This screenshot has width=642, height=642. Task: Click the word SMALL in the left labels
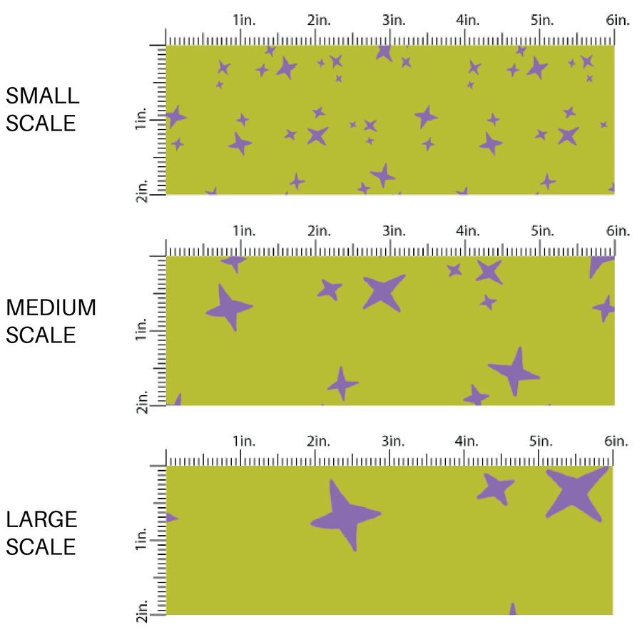pyautogui.click(x=42, y=96)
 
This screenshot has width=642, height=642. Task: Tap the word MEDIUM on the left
pyautogui.click(x=51, y=307)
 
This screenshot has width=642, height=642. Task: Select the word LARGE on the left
pyautogui.click(x=41, y=519)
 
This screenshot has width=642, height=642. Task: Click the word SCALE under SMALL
pyautogui.click(x=41, y=123)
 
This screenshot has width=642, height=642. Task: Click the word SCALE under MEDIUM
pyautogui.click(x=41, y=335)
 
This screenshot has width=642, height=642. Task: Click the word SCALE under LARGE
pyautogui.click(x=41, y=546)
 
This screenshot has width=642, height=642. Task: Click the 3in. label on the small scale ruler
pyautogui.click(x=393, y=20)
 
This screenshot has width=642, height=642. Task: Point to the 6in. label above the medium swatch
pyautogui.click(x=618, y=230)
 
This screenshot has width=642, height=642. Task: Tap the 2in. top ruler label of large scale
pyautogui.click(x=318, y=442)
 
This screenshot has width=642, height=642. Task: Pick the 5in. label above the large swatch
pyautogui.click(x=542, y=442)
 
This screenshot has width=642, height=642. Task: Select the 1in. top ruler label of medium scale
pyautogui.click(x=243, y=230)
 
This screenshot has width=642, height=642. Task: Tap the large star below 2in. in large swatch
pyautogui.click(x=345, y=515)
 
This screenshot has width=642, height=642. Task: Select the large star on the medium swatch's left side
pyautogui.click(x=229, y=307)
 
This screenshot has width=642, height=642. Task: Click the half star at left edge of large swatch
pyautogui.click(x=171, y=517)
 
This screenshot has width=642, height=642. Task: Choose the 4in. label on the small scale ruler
pyautogui.click(x=468, y=20)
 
